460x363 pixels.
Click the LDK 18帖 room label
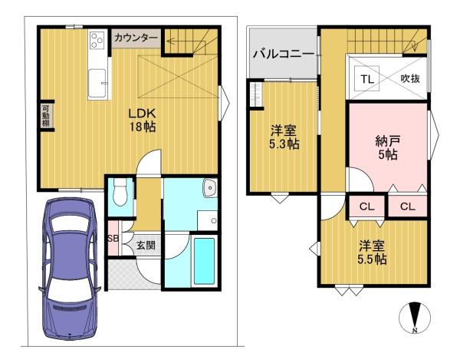coord(143,120)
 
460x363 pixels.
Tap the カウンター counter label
coord(136,38)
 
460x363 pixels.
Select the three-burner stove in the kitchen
coord(97,40)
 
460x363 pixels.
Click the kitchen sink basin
coord(97,83)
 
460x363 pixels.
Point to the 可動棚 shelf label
coord(45,115)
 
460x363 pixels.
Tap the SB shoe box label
coord(113,238)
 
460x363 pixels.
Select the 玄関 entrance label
coord(146,245)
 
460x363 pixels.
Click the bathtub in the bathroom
coord(204,260)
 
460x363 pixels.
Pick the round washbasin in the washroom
coord(209,187)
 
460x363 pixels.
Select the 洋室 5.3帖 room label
coord(284,137)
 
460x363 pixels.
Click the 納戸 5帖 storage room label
coord(387,147)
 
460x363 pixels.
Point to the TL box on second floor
coord(367,78)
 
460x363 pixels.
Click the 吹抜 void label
coord(410,78)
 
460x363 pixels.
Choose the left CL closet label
coord(366,206)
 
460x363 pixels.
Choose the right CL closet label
coord(408,206)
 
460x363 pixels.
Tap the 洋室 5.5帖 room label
coord(372,252)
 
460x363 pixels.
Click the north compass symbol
coord(415,318)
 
